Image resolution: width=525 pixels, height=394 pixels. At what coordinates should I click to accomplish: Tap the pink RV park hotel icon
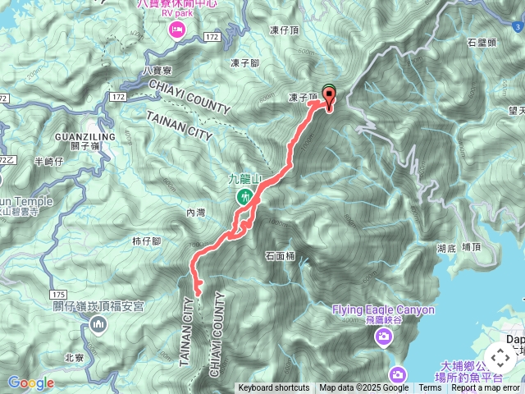tap(176, 30)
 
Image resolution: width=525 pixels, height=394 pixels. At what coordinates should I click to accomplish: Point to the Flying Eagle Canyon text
tap(383, 309)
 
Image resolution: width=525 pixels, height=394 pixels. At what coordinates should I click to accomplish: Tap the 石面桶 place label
tap(281, 256)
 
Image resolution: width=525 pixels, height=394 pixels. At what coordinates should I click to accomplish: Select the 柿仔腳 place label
tap(147, 241)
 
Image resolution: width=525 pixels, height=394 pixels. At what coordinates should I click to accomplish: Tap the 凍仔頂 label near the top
tap(285, 30)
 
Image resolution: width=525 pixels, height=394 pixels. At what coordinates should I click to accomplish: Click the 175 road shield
tap(57, 294)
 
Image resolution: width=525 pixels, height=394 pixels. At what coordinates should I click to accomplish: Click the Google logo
tap(31, 383)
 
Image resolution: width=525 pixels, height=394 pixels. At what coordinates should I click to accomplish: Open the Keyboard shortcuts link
tap(274, 388)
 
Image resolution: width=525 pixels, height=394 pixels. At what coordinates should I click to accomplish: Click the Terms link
tap(430, 388)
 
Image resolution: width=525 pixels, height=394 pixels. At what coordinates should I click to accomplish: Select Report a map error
tap(486, 388)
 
